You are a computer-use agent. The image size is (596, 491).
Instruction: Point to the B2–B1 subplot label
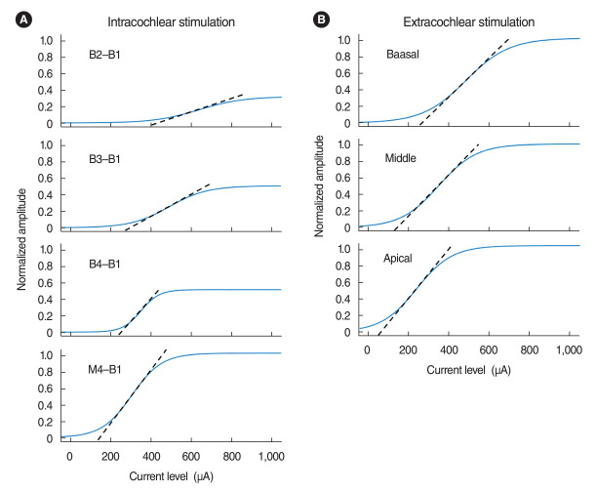tap(103, 57)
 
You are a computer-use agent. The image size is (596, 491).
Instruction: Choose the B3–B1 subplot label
tap(103, 162)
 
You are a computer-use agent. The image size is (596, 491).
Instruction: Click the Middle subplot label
tap(403, 158)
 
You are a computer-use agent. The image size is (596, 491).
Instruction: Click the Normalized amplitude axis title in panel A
tap(20, 237)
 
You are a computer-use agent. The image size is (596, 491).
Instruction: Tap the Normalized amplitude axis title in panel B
tap(319, 185)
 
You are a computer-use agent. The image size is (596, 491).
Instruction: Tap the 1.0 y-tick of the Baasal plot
tap(342, 39)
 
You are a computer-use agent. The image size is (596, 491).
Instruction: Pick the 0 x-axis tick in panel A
tap(68, 457)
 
